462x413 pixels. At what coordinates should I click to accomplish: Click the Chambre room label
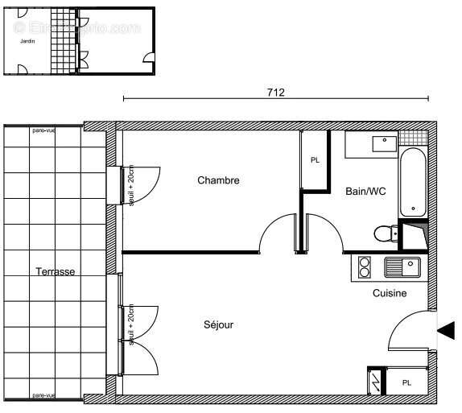click(x=218, y=180)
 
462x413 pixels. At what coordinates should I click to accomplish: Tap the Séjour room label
click(x=218, y=325)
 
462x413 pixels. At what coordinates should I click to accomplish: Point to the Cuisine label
click(x=389, y=294)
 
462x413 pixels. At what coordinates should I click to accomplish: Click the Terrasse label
click(x=56, y=272)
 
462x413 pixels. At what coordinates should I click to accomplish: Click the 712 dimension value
click(x=275, y=92)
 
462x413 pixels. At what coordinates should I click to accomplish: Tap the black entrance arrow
click(x=445, y=329)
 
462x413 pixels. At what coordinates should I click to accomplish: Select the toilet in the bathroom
click(x=385, y=233)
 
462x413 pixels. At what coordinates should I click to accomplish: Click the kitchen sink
click(x=403, y=266)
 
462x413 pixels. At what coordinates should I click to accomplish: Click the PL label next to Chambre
click(x=315, y=160)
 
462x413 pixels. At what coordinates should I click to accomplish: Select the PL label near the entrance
click(x=407, y=382)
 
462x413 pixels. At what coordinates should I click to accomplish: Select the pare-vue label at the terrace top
click(x=43, y=130)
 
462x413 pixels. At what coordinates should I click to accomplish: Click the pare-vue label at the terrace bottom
click(x=43, y=395)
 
